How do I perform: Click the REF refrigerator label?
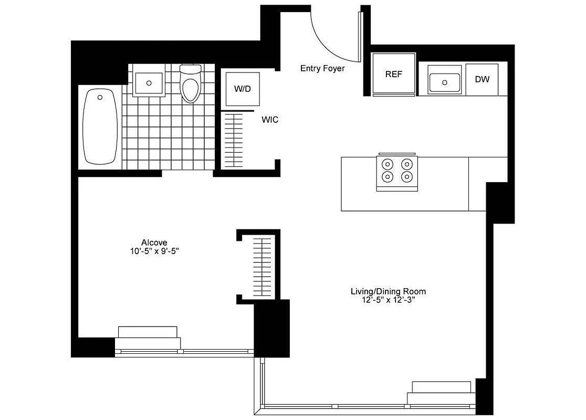pos(393,74)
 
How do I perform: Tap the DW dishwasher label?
pos(482,79)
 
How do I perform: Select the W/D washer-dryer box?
pos(242,88)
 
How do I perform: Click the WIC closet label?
pos(270,120)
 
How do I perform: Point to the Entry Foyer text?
pos(322,68)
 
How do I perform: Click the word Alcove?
pos(154,242)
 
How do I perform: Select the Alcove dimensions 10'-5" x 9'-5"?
pos(154,250)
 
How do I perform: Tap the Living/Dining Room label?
pos(388,291)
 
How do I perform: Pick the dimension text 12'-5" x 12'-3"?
pos(388,300)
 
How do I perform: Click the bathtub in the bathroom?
pos(100,127)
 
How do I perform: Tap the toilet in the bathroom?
pos(191,84)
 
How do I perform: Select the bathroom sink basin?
pos(149,82)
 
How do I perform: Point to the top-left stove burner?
pos(388,163)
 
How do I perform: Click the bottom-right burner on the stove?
pos(407,176)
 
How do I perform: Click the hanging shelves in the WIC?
pos(234,139)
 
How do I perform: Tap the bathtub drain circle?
pos(101,97)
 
